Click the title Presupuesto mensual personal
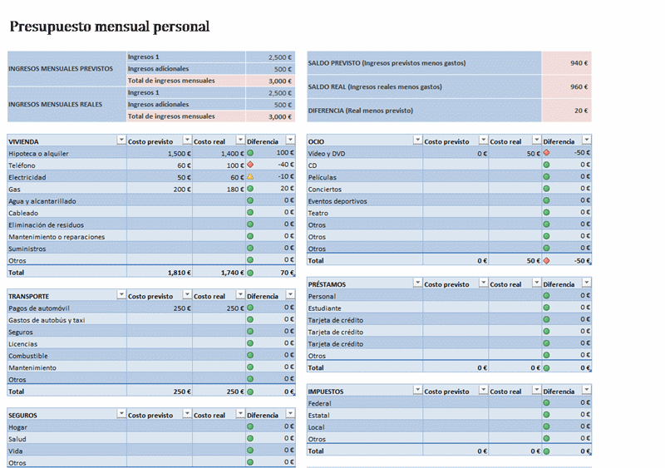coord(109,27)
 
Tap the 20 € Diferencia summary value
coord(581,111)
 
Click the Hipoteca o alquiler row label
coord(38,154)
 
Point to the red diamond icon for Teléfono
coord(250,165)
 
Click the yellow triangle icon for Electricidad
coord(250,177)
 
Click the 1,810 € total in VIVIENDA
coord(178,272)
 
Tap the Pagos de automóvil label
coord(40,308)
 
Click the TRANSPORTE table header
coord(28,296)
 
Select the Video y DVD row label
coord(328,154)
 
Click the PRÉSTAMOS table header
coord(327,284)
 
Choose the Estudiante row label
coord(324,308)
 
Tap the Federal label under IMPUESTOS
coord(320,403)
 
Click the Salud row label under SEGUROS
coord(17,439)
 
